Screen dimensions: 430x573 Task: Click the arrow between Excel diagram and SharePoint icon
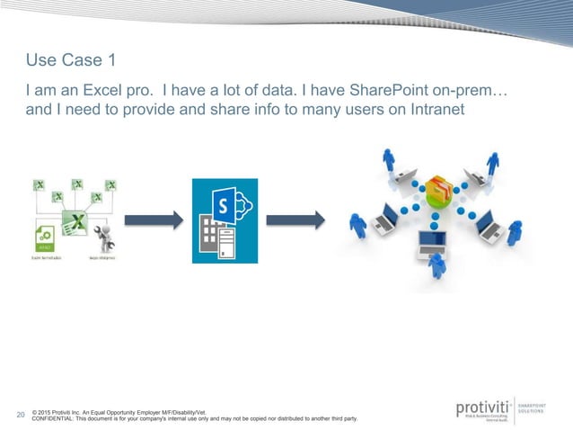click(152, 220)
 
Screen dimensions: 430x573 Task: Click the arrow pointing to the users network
click(295, 220)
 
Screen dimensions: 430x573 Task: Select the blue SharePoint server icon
click(225, 220)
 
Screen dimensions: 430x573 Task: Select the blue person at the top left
click(388, 160)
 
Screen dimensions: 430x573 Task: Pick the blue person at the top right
click(493, 163)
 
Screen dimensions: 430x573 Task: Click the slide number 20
click(22, 415)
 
